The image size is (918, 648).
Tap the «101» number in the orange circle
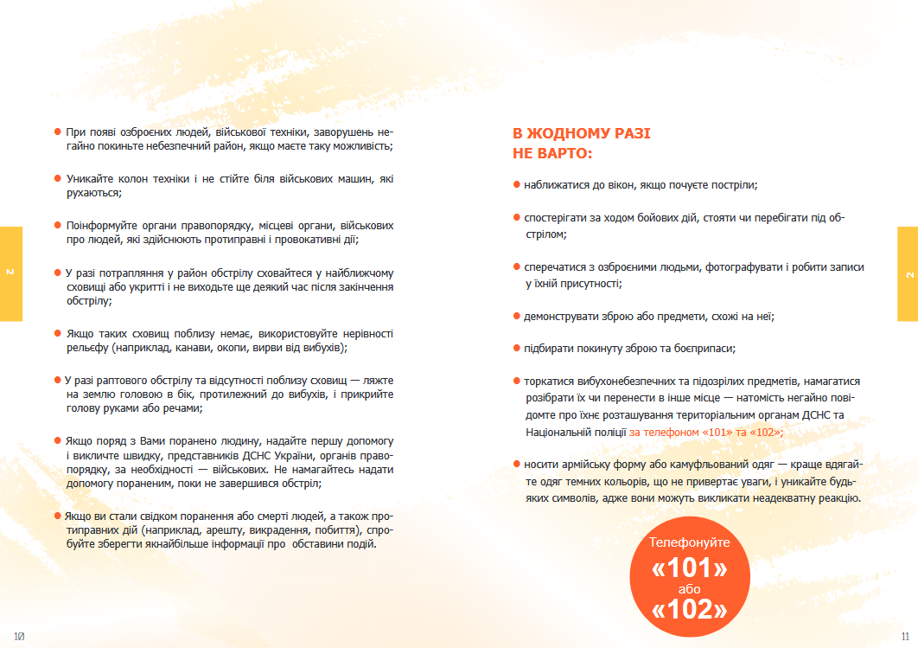pos(689,568)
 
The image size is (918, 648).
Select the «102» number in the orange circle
pos(689,610)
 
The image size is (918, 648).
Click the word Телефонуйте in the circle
pos(689,542)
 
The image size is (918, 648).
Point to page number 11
pos(905,636)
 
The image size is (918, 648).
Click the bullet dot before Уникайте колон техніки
pos(58,178)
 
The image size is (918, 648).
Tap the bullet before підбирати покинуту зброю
pos(516,349)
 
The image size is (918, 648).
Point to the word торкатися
pos(551,381)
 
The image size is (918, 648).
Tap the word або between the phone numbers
pos(689,589)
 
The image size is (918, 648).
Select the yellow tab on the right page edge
pos(908,273)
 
